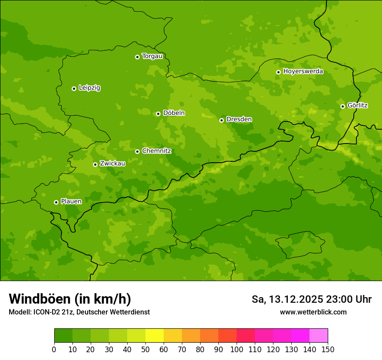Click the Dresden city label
pyautogui.click(x=239, y=119)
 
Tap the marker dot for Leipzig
pyautogui.click(x=74, y=88)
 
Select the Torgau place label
pyautogui.click(x=152, y=56)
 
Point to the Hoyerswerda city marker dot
pyautogui.click(x=278, y=72)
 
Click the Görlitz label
pyautogui.click(x=357, y=105)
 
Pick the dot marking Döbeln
pyautogui.click(x=158, y=114)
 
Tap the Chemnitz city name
pyautogui.click(x=156, y=151)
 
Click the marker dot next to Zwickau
pyautogui.click(x=95, y=164)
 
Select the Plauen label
pyautogui.click(x=71, y=201)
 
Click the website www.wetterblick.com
pyautogui.click(x=313, y=312)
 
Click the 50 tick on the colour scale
pyautogui.click(x=145, y=349)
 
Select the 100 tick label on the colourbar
pyautogui.click(x=237, y=349)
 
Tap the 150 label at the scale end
pyautogui.click(x=328, y=349)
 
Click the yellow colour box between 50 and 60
pyautogui.click(x=155, y=336)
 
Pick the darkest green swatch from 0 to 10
pyautogui.click(x=63, y=336)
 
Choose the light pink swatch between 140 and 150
pyautogui.click(x=319, y=336)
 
